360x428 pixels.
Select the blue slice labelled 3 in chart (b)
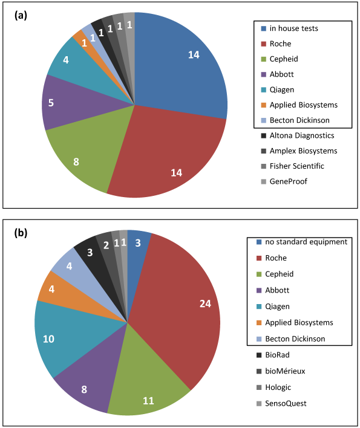(x=137, y=245)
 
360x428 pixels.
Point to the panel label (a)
(x=21, y=16)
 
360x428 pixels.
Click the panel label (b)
(x=21, y=233)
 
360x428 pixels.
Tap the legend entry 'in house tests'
(x=290, y=28)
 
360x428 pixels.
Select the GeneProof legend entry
(x=284, y=181)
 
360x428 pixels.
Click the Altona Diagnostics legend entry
(x=298, y=135)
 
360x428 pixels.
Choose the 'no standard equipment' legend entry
(x=302, y=242)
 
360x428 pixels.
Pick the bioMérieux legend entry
(x=281, y=371)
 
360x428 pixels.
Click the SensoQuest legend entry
(x=281, y=403)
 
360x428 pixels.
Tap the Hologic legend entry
(x=273, y=387)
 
